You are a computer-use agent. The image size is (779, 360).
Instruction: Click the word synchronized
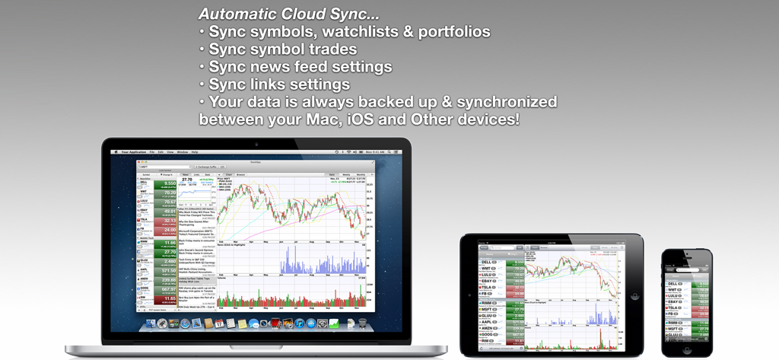(x=495, y=101)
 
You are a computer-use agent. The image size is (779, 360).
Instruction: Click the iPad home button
(x=635, y=295)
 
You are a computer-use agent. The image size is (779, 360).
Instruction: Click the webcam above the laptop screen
(x=256, y=144)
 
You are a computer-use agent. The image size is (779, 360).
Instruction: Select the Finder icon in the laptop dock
(x=150, y=324)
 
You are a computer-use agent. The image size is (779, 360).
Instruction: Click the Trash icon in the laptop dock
(x=362, y=324)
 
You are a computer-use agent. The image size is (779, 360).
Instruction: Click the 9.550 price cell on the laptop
(x=166, y=183)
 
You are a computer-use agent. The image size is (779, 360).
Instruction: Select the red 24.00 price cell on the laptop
(x=166, y=230)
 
